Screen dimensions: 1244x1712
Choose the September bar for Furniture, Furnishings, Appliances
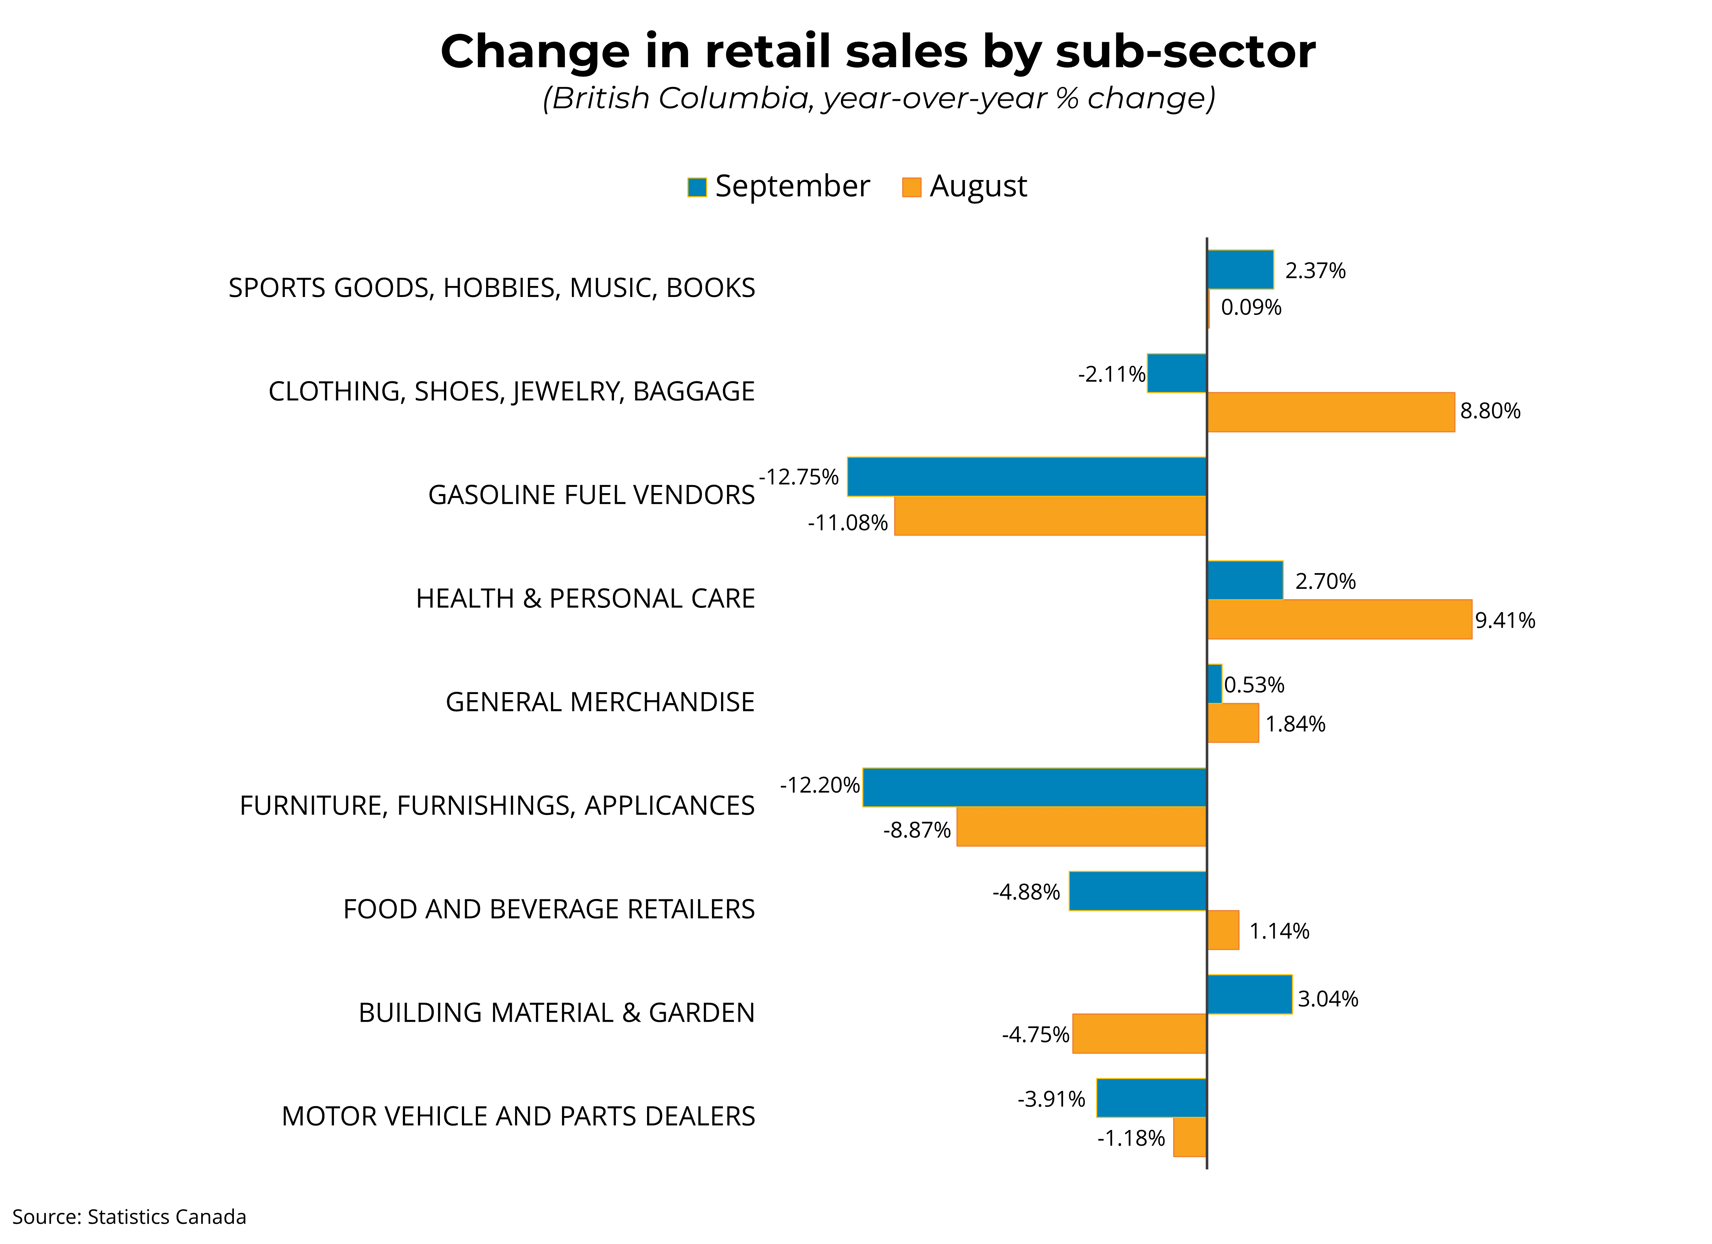point(1034,787)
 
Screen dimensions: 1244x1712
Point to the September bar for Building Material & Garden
point(1249,994)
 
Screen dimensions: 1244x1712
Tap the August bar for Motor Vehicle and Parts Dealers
point(1190,1137)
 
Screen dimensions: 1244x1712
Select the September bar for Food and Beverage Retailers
point(1138,891)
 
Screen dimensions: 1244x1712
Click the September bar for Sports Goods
point(1240,269)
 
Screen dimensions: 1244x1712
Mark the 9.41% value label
point(1505,620)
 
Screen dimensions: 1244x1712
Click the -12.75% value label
point(799,477)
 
